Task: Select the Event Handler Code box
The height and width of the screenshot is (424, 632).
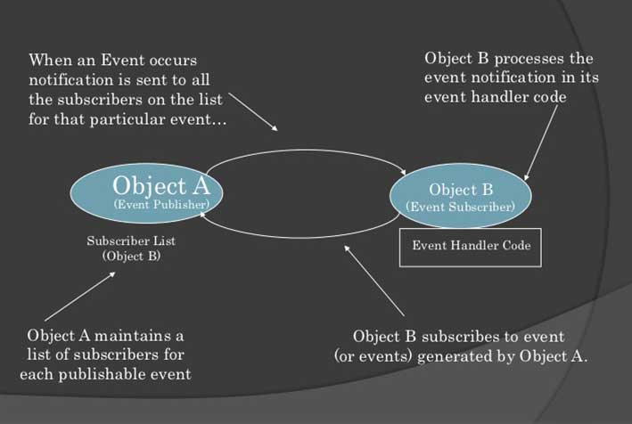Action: click(x=470, y=246)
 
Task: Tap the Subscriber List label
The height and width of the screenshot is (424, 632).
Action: click(x=131, y=241)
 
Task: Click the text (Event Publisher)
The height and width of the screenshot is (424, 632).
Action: click(x=161, y=205)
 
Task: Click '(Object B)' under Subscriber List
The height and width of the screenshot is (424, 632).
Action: click(x=131, y=257)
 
